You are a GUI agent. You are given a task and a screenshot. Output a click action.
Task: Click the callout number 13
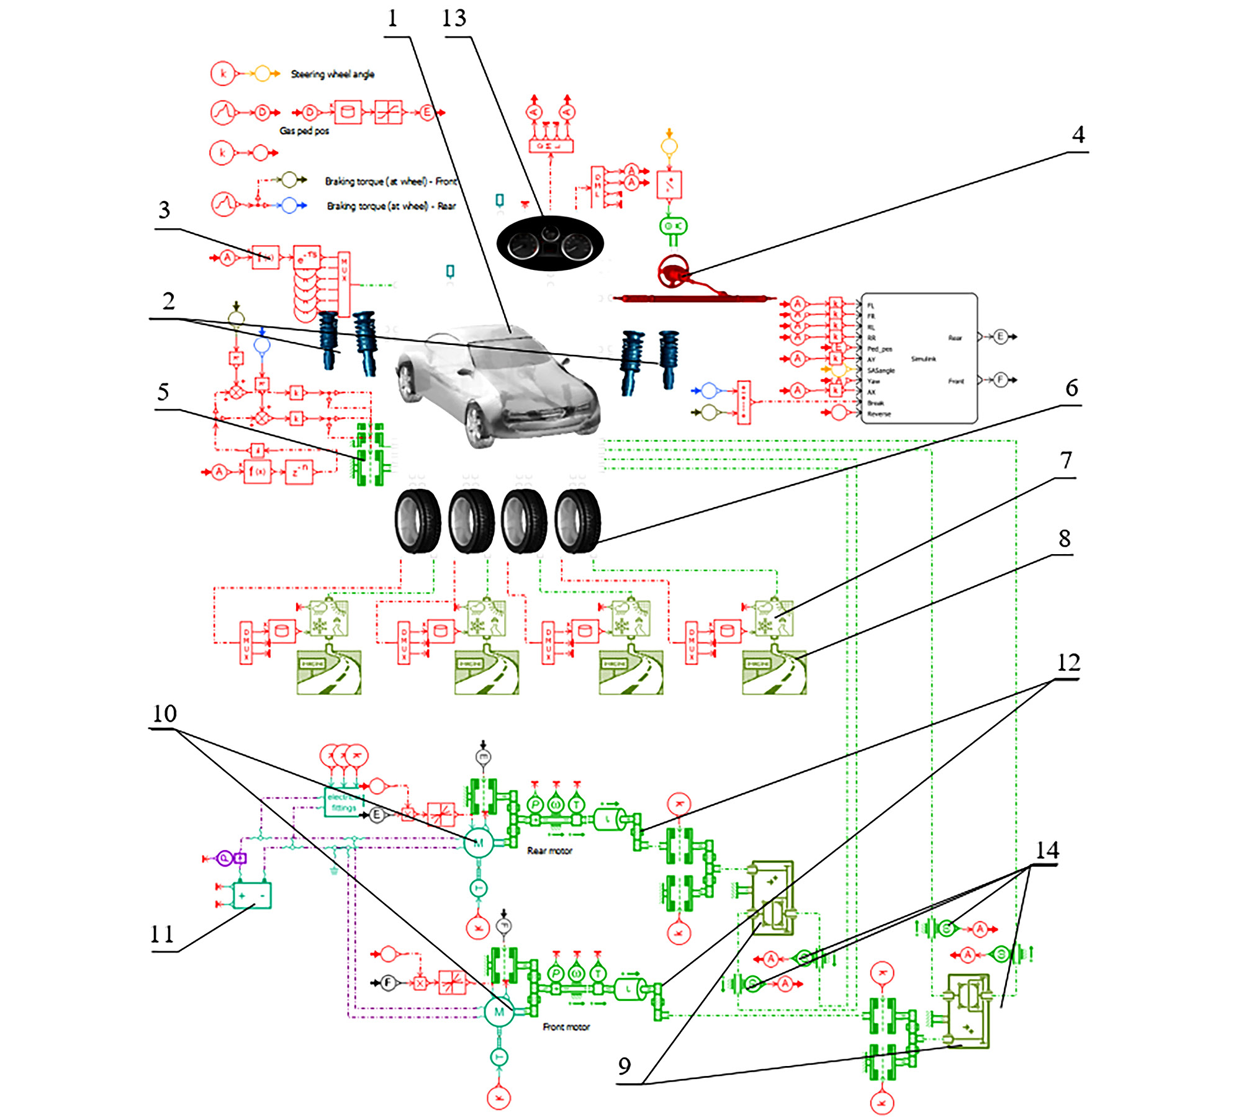[454, 19]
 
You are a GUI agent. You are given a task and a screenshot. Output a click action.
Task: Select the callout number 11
[162, 934]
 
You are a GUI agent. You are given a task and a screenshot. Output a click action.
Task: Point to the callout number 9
[625, 1066]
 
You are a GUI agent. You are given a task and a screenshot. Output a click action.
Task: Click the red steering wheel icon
[673, 272]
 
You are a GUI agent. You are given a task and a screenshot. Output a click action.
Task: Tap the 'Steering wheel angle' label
[333, 74]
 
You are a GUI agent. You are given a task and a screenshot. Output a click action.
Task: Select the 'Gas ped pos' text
[304, 131]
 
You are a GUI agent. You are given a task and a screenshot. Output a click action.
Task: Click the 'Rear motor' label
[549, 851]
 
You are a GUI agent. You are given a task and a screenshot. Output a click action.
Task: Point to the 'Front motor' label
[566, 1027]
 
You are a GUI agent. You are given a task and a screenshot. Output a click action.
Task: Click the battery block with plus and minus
[252, 895]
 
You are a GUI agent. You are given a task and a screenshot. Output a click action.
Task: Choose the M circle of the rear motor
[479, 843]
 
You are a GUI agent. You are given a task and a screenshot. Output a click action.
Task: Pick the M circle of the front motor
[499, 1012]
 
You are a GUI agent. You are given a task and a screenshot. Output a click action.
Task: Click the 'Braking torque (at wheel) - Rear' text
[391, 206]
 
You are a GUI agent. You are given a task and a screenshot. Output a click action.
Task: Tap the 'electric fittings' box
[343, 802]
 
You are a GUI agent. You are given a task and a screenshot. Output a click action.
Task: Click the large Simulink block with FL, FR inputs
[919, 359]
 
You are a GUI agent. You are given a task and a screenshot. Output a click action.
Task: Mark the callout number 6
[1071, 388]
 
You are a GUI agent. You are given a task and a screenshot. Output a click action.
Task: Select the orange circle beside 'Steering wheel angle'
[263, 74]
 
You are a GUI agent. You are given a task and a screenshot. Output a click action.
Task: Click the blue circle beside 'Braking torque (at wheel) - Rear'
[289, 205]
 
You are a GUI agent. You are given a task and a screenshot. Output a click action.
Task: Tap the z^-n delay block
[299, 472]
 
